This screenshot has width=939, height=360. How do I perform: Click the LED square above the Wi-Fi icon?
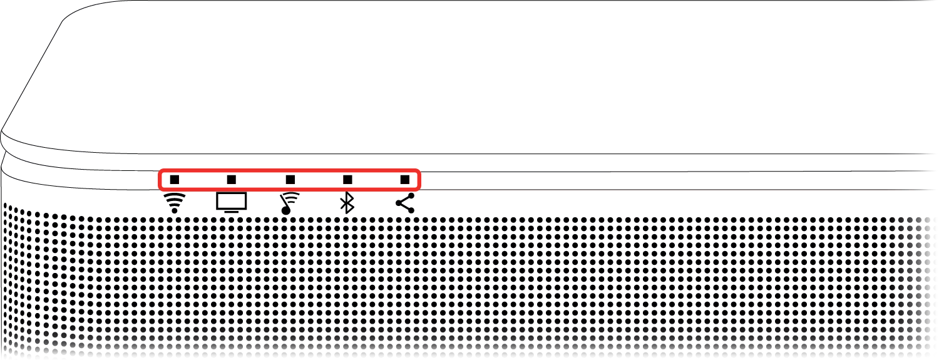(175, 180)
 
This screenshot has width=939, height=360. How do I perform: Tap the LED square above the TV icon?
(232, 180)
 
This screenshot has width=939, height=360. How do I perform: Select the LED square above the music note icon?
(290, 180)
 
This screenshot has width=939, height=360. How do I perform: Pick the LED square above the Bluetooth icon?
(347, 180)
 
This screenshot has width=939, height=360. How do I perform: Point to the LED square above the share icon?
(405, 180)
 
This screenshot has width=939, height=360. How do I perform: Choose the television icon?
(232, 202)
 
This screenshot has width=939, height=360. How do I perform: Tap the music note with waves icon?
(289, 203)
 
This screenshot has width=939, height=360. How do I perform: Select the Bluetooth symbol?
(347, 203)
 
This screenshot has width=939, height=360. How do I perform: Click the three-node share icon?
(406, 203)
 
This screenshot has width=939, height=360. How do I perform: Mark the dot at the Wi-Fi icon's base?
(175, 210)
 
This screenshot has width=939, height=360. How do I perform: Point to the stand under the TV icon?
(232, 212)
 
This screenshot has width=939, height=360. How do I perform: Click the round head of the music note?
(286, 210)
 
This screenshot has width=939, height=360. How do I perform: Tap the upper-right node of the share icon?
(411, 195)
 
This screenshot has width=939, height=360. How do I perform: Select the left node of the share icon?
(399, 203)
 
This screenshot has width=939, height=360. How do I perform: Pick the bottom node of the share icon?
(411, 210)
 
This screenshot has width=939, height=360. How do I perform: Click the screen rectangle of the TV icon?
(232, 200)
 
